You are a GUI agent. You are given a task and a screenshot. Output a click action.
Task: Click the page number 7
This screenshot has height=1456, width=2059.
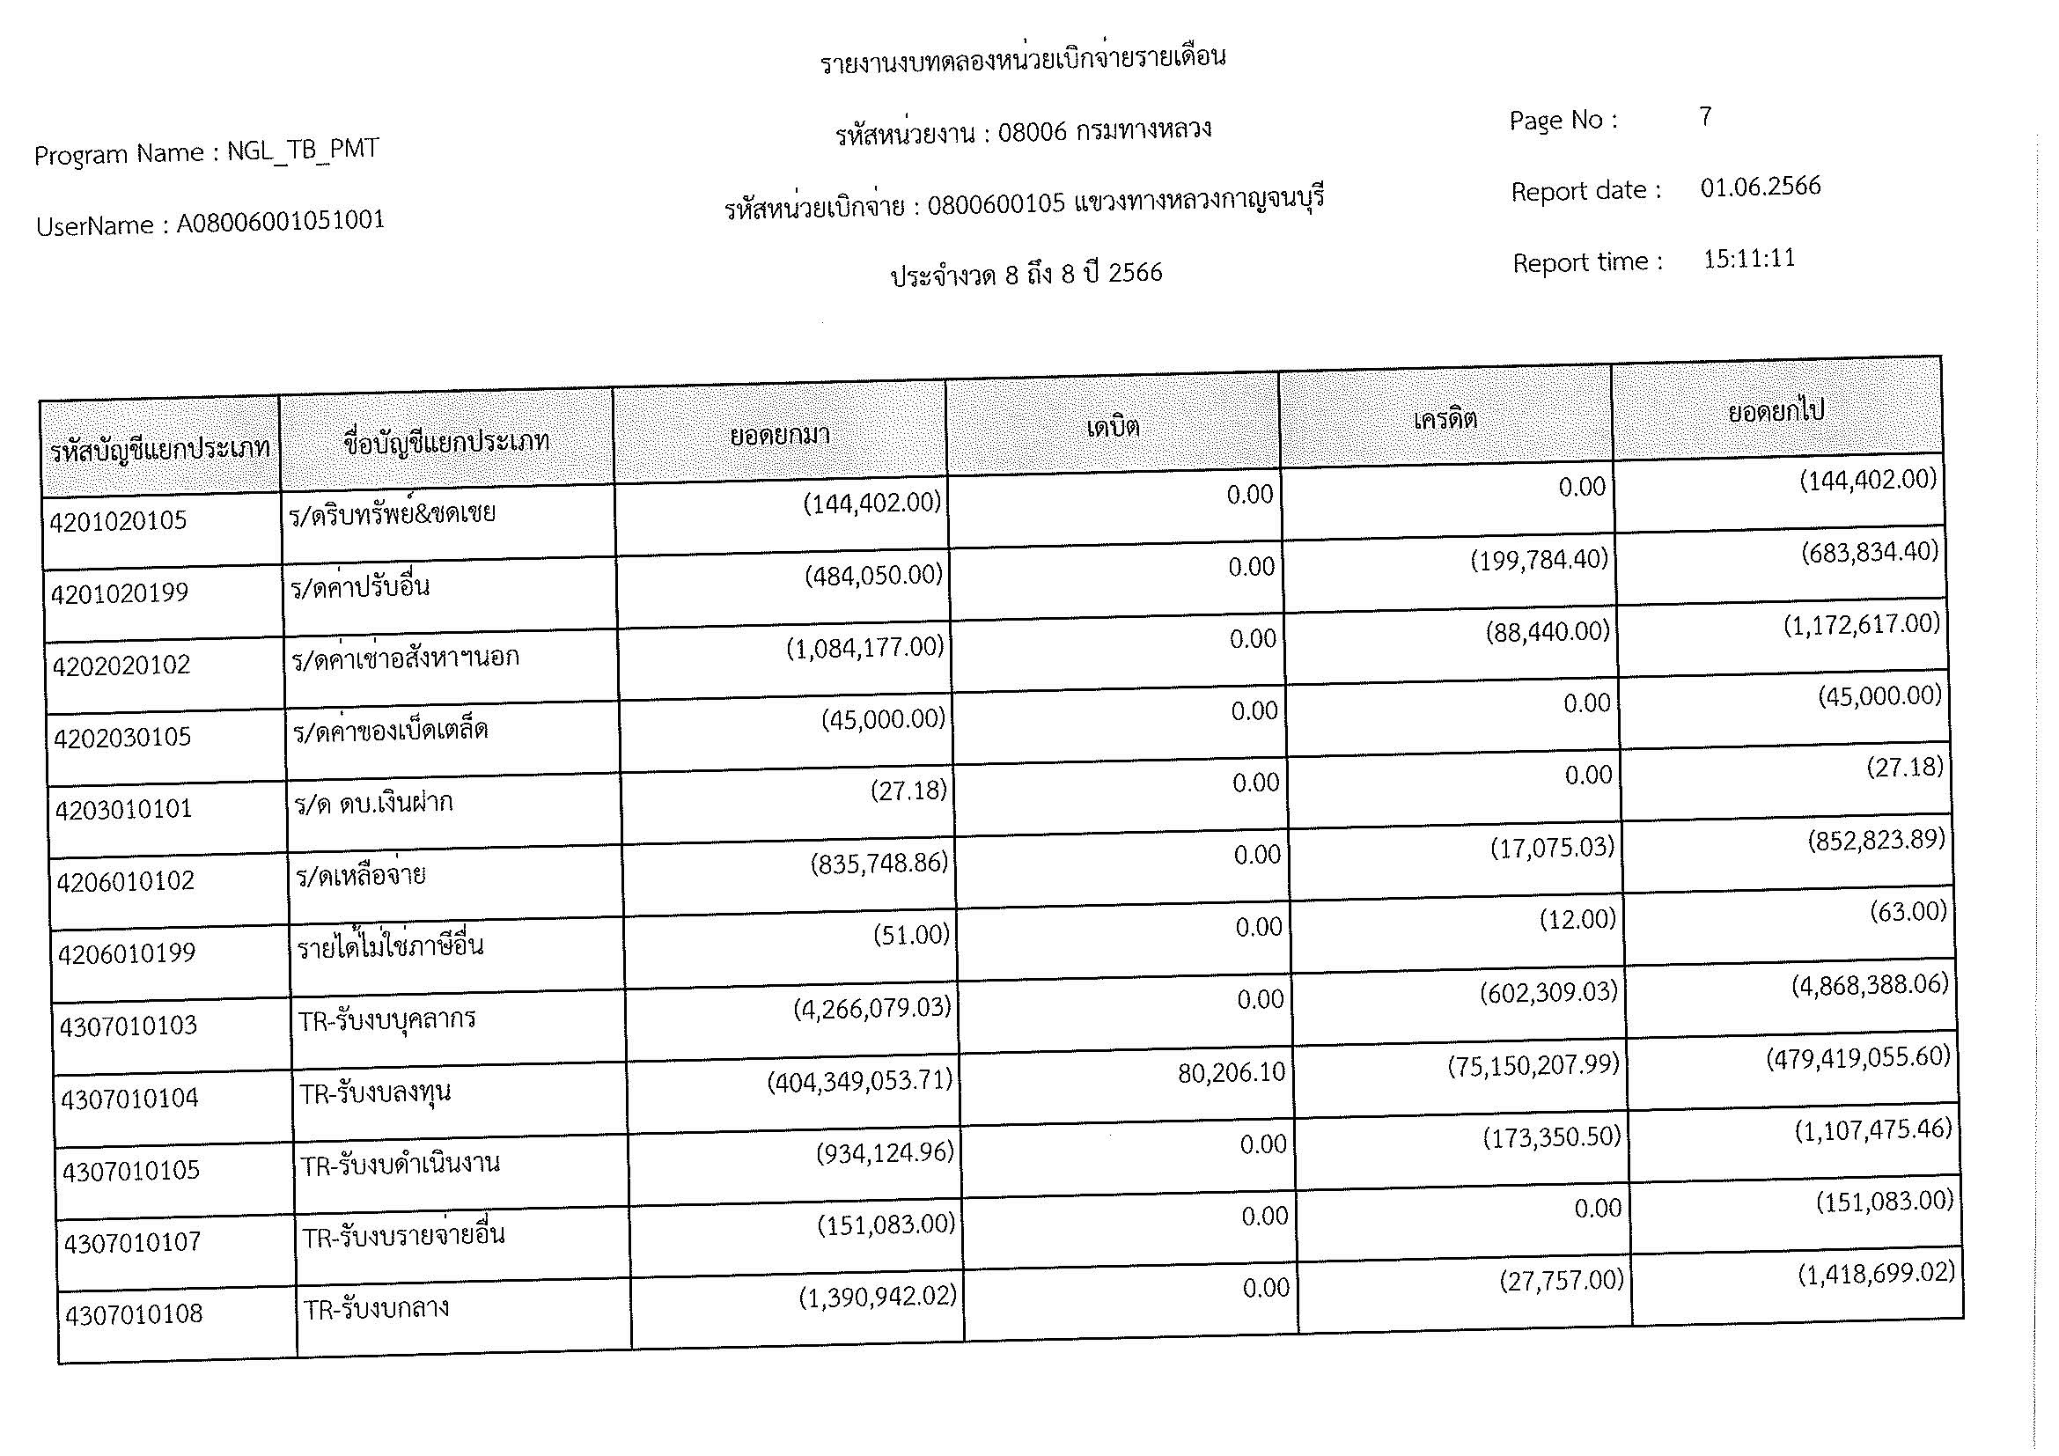pyautogui.click(x=1705, y=116)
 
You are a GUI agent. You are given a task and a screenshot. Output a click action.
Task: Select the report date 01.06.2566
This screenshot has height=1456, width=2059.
pyautogui.click(x=1760, y=187)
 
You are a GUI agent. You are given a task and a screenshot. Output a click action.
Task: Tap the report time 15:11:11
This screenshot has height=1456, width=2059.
pyautogui.click(x=1749, y=259)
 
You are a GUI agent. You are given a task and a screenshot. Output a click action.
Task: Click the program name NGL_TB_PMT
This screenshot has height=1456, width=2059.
pyautogui.click(x=302, y=150)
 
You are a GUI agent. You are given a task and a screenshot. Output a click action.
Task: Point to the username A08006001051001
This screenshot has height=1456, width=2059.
pyautogui.click(x=280, y=221)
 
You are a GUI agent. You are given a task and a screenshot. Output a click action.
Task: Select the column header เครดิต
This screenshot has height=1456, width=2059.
pyautogui.click(x=1445, y=419)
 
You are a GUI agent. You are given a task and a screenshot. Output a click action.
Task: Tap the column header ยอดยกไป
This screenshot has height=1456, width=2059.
pyautogui.click(x=1776, y=411)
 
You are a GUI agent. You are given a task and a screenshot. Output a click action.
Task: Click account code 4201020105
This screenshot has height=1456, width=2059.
pyautogui.click(x=118, y=521)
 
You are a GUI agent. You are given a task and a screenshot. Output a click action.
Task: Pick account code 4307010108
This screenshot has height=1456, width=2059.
pyautogui.click(x=134, y=1315)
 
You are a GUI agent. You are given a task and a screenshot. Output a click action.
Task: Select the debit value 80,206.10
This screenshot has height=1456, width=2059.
pyautogui.click(x=1232, y=1072)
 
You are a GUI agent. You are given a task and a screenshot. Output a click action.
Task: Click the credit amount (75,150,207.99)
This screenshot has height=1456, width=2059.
pyautogui.click(x=1533, y=1064)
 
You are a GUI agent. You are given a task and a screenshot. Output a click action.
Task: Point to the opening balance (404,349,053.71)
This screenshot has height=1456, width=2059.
pyautogui.click(x=859, y=1081)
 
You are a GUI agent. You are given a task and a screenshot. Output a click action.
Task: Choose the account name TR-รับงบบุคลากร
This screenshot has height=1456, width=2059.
pyautogui.click(x=387, y=1020)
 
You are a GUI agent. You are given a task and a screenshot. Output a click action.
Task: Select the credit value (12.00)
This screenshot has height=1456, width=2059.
pyautogui.click(x=1577, y=920)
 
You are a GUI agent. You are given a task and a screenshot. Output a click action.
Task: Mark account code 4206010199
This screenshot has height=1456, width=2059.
pyautogui.click(x=127, y=953)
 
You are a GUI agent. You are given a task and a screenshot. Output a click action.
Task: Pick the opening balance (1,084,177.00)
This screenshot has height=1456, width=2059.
pyautogui.click(x=865, y=647)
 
